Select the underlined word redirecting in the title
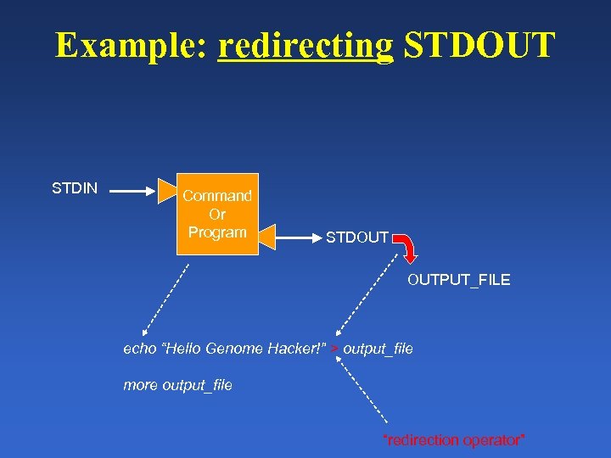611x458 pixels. [306, 45]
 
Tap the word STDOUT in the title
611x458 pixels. [479, 45]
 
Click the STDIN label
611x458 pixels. [75, 188]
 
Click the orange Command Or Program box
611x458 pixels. [217, 214]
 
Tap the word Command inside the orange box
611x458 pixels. [217, 196]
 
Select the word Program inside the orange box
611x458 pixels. [217, 232]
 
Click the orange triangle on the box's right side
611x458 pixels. [268, 236]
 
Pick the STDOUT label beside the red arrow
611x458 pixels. [357, 238]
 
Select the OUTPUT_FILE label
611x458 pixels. [459, 280]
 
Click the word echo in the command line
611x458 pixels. [140, 349]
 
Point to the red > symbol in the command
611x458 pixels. [335, 349]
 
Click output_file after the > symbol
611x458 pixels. [378, 349]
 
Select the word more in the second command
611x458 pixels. [141, 385]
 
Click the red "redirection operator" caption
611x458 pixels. [455, 440]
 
